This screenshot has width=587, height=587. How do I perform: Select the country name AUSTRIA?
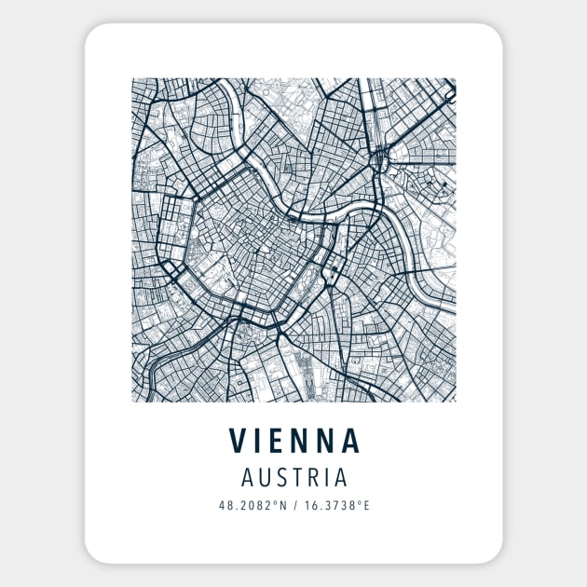293,478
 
